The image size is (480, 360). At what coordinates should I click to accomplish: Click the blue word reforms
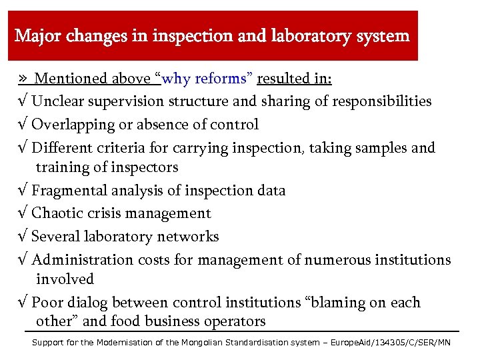click(x=222, y=79)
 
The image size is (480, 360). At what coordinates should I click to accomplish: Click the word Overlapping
click(x=74, y=124)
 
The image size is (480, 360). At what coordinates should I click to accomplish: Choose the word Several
click(x=56, y=236)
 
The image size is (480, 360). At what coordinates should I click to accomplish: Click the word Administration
click(x=83, y=259)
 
